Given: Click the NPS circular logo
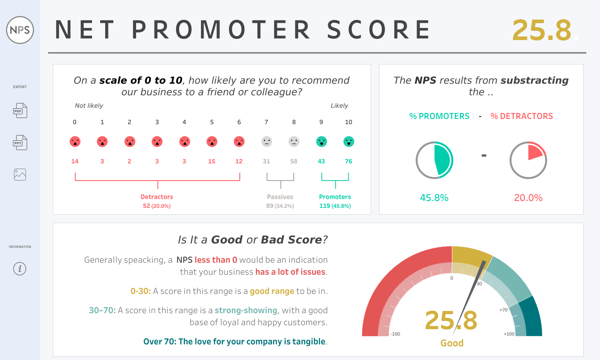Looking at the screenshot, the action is tap(20, 30).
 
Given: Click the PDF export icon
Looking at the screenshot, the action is tap(20, 111).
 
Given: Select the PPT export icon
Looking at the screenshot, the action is tap(20, 142).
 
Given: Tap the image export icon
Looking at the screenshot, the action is tap(20, 175).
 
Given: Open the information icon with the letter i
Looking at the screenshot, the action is tap(20, 269).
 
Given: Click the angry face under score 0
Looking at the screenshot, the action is tap(75, 141).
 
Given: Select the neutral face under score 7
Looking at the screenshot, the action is tap(267, 141).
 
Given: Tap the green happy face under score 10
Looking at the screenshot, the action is tap(349, 141).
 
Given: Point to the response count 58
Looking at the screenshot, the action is tap(294, 161).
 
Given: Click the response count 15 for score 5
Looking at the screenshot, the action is tap(212, 161).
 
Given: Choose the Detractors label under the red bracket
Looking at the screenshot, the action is tap(157, 197).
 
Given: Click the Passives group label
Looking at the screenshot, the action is tap(280, 197).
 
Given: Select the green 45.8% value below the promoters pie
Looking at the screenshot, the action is tap(434, 198).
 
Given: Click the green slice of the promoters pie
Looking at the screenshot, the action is tap(443, 160).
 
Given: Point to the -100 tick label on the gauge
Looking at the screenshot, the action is tap(395, 334).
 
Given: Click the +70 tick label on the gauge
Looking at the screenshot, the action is tap(504, 310).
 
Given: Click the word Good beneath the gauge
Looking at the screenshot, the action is tap(452, 343).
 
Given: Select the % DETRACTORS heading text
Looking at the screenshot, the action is tap(522, 116).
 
